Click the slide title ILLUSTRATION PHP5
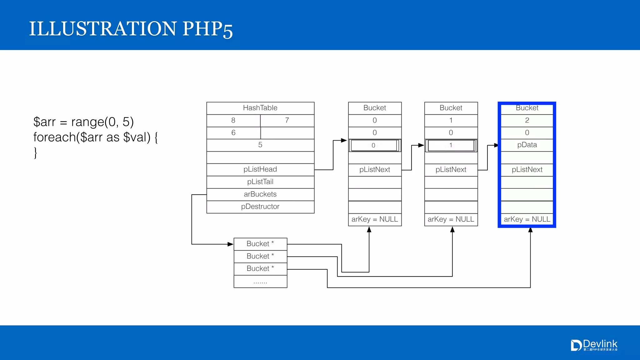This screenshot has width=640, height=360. (131, 29)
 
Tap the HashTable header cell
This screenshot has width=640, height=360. (260, 108)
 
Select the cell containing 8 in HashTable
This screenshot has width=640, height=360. (233, 120)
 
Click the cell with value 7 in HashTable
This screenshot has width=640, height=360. (287, 120)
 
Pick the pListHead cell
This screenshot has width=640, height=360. (260, 169)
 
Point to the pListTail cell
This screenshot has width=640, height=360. (260, 182)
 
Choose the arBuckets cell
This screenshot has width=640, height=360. (260, 194)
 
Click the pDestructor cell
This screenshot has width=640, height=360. (260, 207)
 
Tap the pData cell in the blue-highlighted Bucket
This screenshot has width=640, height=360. (527, 145)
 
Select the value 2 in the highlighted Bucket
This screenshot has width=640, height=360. (527, 120)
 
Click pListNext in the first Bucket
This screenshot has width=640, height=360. (374, 170)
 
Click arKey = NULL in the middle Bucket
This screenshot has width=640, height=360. (451, 219)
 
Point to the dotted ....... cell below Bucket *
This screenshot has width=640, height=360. (260, 282)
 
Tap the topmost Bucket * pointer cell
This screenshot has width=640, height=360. (260, 244)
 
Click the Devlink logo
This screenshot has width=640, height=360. (594, 345)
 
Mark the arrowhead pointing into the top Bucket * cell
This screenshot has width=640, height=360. (231, 244)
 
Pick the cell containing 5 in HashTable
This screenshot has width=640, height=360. (260, 145)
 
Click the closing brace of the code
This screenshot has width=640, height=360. (36, 153)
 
